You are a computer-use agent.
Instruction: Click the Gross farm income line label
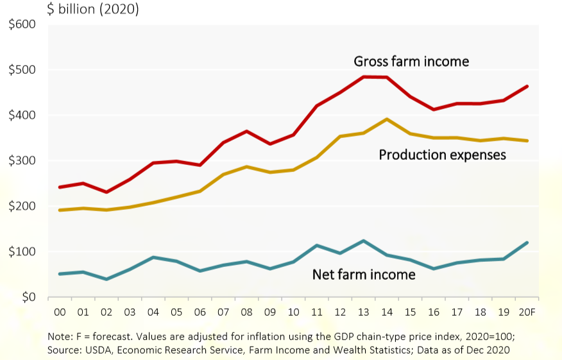pyautogui.click(x=411, y=62)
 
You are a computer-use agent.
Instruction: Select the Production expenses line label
pyautogui.click(x=443, y=155)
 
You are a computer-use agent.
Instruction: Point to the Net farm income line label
pyautogui.click(x=364, y=275)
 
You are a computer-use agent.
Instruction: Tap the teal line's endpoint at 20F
pyautogui.click(x=527, y=243)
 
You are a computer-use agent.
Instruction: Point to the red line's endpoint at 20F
pyautogui.click(x=527, y=86)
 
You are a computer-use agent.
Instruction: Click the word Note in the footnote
pyautogui.click(x=59, y=336)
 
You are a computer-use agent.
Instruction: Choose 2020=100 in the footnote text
pyautogui.click(x=486, y=336)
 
